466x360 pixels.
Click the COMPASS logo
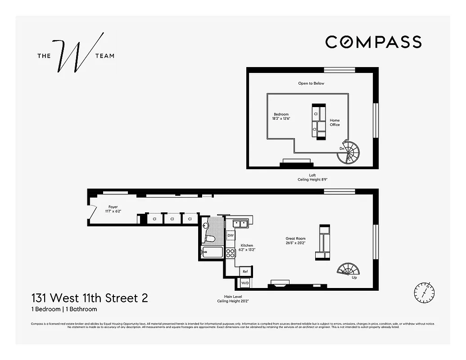click(x=373, y=42)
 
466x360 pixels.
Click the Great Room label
click(x=295, y=241)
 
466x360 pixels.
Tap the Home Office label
click(x=335, y=122)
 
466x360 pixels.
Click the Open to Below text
click(x=311, y=83)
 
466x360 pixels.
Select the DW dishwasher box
click(x=231, y=235)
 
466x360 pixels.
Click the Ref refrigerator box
click(x=245, y=271)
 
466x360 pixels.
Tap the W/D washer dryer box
click(x=245, y=283)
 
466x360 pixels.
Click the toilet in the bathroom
click(x=210, y=238)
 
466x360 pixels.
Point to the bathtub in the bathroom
click(x=213, y=252)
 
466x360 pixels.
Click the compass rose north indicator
click(x=424, y=292)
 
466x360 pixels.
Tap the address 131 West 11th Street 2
click(x=89, y=298)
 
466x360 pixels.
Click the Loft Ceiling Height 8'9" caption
click(x=312, y=177)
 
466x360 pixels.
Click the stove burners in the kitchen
click(x=230, y=253)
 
